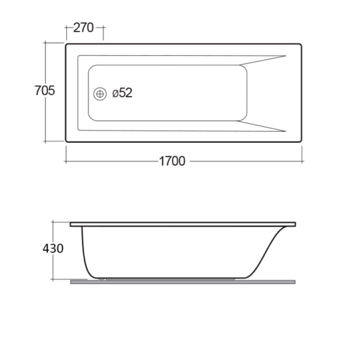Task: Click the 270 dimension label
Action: pos(83,28)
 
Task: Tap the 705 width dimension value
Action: pos(44,91)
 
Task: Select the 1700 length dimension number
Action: pos(172,161)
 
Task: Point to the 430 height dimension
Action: pos(53,248)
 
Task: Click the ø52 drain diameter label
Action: pos(122,93)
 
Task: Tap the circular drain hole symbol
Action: pos(100,94)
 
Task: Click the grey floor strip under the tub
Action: pos(183,282)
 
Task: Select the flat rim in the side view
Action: pos(183,224)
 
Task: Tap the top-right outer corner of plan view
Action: pos(300,45)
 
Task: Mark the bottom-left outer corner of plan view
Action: pos(66,141)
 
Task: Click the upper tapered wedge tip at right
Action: pos(285,56)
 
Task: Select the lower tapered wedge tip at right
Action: pos(285,131)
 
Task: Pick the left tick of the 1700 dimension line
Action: pos(66,161)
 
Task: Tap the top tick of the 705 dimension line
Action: pos(45,42)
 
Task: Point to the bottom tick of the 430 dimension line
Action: pos(53,279)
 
